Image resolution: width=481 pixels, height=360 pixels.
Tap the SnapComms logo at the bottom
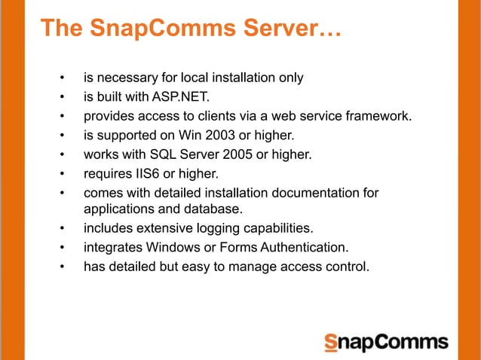[385, 342]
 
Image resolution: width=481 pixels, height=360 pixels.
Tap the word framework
[379, 116]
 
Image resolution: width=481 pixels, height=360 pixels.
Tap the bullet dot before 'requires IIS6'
[63, 175]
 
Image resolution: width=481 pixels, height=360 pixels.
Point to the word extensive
[161, 227]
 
